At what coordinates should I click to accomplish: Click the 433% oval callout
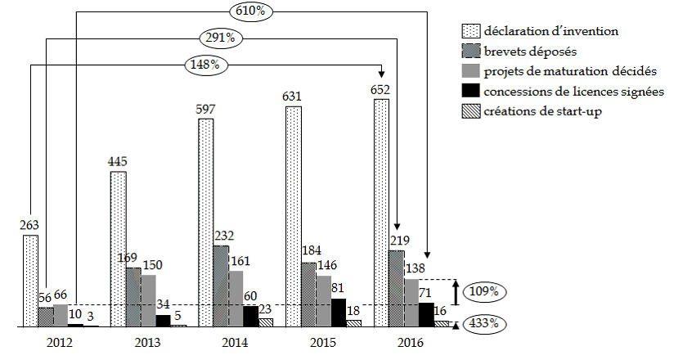click(484, 323)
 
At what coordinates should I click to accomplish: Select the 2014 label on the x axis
click(235, 341)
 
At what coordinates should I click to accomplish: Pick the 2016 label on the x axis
click(407, 341)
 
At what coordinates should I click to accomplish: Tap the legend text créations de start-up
click(542, 111)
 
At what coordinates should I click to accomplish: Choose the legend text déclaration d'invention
click(550, 31)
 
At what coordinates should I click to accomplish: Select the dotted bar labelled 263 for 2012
click(30, 281)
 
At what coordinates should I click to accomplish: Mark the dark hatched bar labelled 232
click(221, 286)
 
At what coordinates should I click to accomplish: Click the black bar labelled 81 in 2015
click(337, 313)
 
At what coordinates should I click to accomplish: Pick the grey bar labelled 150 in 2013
click(148, 300)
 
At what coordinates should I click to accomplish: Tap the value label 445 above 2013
click(118, 162)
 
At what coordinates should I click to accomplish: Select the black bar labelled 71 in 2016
click(425, 314)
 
